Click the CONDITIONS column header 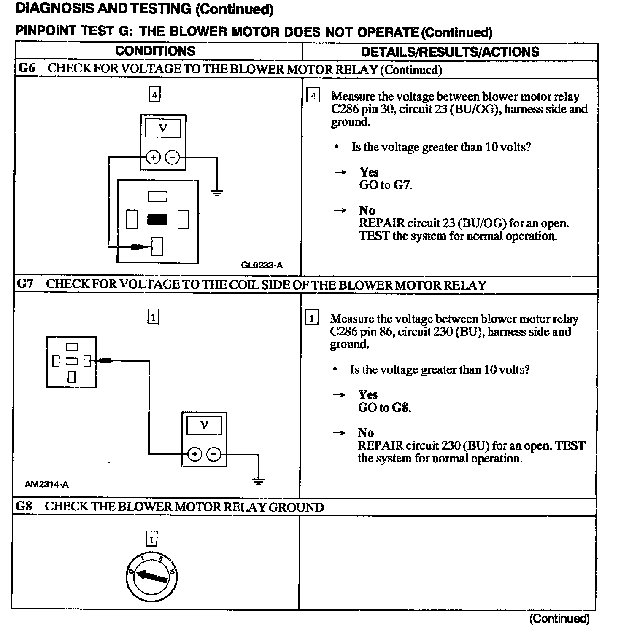155,51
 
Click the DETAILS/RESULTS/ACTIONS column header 450,52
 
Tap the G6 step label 27,68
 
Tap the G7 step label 25,284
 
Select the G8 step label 24,506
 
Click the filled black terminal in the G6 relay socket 157,220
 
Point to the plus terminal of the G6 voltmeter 153,158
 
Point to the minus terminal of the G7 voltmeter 214,454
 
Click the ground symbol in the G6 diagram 217,193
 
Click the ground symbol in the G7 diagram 259,481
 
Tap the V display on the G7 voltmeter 204,425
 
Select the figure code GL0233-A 262,265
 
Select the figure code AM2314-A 46,484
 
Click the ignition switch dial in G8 151,576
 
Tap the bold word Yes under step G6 369,172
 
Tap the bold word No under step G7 366,433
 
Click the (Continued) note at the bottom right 559,618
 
